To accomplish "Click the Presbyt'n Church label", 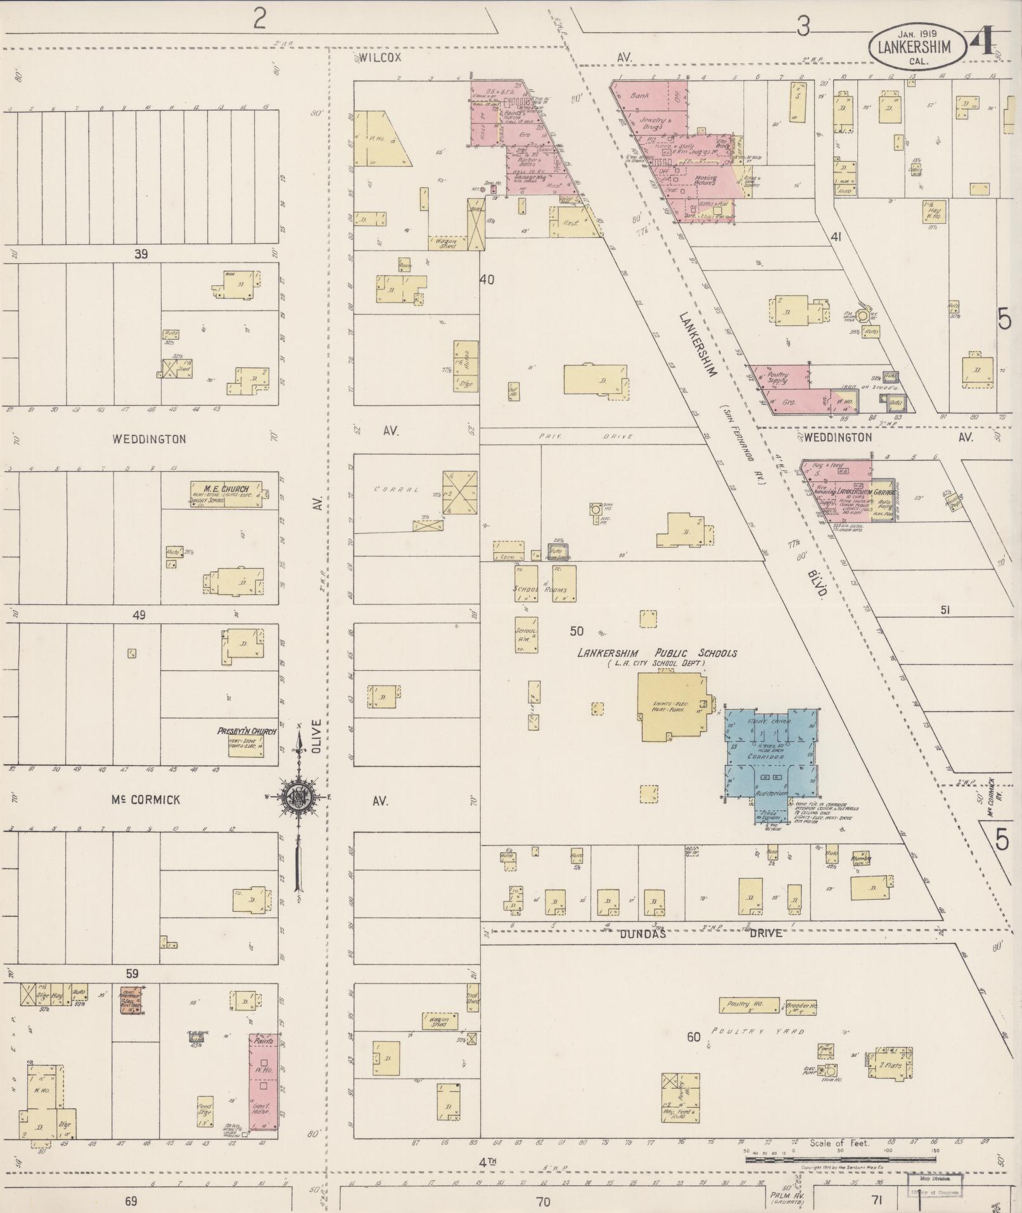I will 246,731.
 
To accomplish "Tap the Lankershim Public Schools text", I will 656,653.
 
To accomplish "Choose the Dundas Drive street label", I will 643,933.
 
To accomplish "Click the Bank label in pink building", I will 639,96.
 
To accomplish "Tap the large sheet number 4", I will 986,41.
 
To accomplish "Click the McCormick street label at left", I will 146,800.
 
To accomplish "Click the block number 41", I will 836,237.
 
